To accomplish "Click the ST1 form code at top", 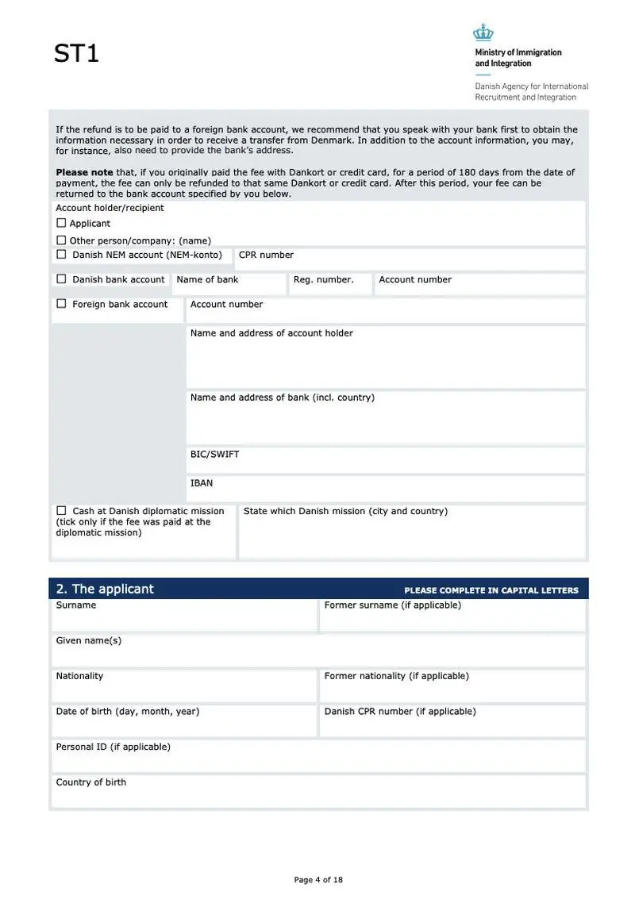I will point(76,54).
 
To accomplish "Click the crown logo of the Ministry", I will point(483,33).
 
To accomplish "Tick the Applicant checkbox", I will point(61,224).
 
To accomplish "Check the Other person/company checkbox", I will point(61,240).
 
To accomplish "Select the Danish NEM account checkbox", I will point(61,255).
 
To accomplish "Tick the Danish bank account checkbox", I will point(61,279).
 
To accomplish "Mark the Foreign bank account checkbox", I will point(61,304).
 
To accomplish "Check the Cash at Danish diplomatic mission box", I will point(61,511).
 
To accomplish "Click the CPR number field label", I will point(266,255).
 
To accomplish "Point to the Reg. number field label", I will point(323,279).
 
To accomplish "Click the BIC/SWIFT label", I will point(214,455).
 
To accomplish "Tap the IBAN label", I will point(202,483).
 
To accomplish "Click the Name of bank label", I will point(207,279).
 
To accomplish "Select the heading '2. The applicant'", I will point(105,589).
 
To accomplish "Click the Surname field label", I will point(76,605).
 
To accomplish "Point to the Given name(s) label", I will point(89,640).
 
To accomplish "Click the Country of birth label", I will point(90,782).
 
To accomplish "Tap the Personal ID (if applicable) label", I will point(113,747).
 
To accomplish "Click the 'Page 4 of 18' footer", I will point(318,879).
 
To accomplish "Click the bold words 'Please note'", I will point(84,172).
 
